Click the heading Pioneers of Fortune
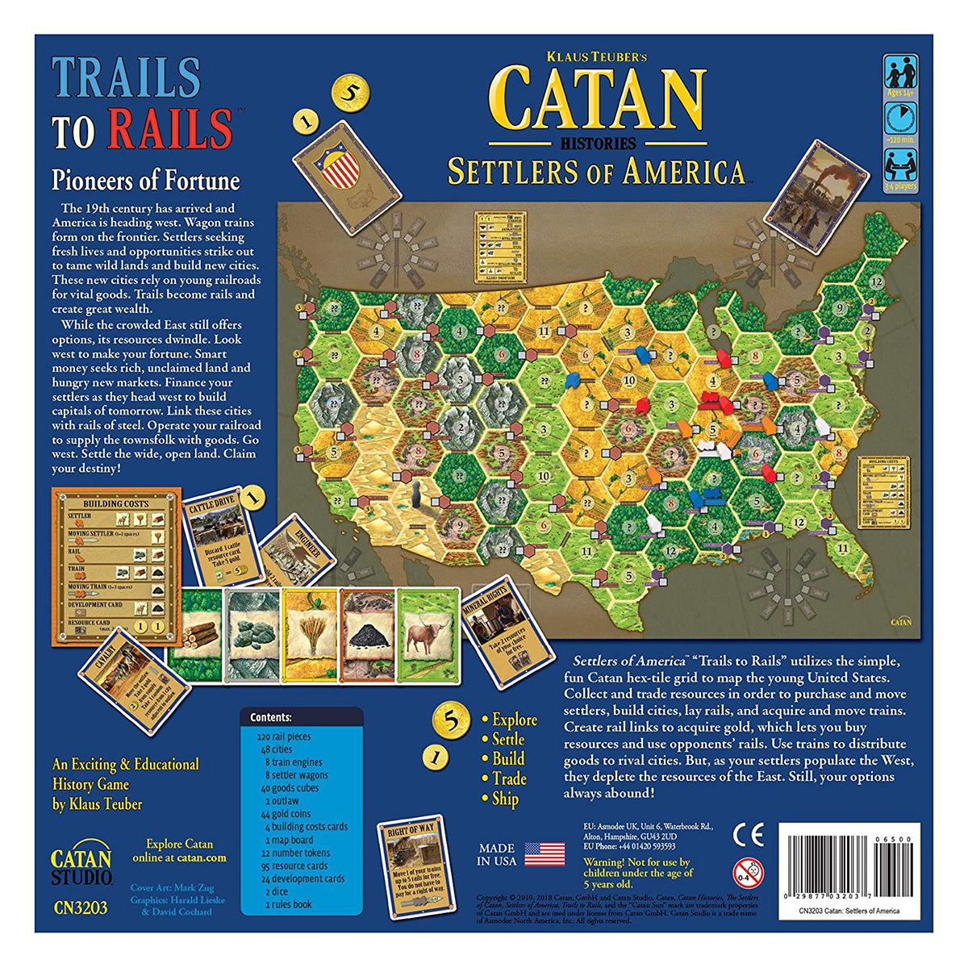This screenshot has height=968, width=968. pyautogui.click(x=146, y=179)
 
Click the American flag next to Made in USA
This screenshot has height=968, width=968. pyautogui.click(x=544, y=853)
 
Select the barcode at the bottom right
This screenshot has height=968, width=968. pyautogui.click(x=847, y=871)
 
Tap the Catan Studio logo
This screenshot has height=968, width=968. pyautogui.click(x=81, y=865)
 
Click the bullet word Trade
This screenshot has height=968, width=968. pyautogui.click(x=509, y=778)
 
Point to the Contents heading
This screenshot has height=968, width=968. pyautogui.click(x=270, y=717)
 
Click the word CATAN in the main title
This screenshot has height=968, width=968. pyautogui.click(x=598, y=99)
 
